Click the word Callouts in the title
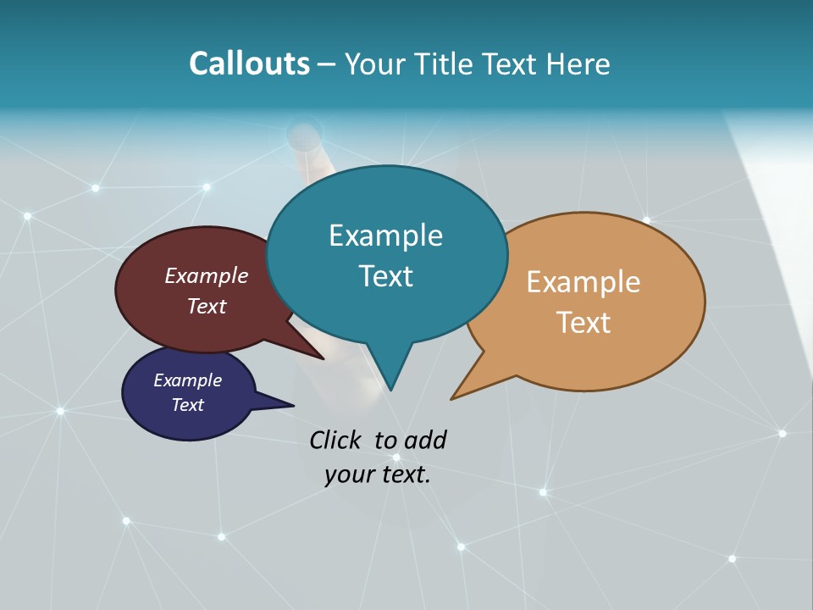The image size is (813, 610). tap(249, 64)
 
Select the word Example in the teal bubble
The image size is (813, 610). tap(385, 235)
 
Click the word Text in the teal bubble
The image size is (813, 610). tap(385, 275)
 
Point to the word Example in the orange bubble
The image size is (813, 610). tap(583, 281)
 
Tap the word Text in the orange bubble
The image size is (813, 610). tap(583, 322)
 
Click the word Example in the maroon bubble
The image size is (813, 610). tap(207, 275)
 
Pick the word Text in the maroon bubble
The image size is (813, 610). tap(207, 306)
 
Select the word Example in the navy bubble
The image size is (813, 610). tap(187, 380)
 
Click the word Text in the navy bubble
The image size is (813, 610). tap(187, 405)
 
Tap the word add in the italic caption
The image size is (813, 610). tap(426, 440)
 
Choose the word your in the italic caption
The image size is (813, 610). tap(348, 474)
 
